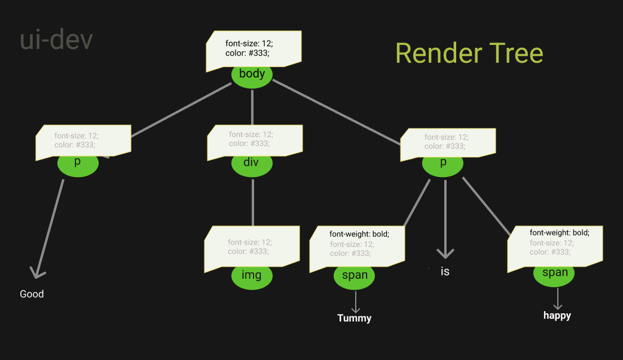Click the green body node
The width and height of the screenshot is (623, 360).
pyautogui.click(x=252, y=75)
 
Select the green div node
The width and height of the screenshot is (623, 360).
pyautogui.click(x=252, y=164)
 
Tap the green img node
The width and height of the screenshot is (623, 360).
pyautogui.click(x=252, y=277)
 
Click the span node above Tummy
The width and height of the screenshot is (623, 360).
pyautogui.click(x=355, y=277)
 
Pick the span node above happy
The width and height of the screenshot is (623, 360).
pyautogui.click(x=554, y=273)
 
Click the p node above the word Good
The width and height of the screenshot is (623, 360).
pyautogui.click(x=78, y=163)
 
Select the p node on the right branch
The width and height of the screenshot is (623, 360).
pyautogui.click(x=443, y=163)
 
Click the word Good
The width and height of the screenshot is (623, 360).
pyautogui.click(x=32, y=294)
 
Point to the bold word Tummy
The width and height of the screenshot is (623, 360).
pyautogui.click(x=355, y=318)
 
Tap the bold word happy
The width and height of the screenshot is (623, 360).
pyautogui.click(x=557, y=315)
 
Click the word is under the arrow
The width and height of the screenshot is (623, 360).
pyautogui.click(x=445, y=271)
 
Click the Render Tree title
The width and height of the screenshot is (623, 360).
pyautogui.click(x=469, y=53)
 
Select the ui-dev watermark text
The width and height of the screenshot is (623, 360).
pyautogui.click(x=56, y=40)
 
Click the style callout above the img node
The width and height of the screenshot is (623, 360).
pyautogui.click(x=252, y=247)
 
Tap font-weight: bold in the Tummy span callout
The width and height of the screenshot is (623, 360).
pyautogui.click(x=359, y=234)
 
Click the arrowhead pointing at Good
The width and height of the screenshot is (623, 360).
pyautogui.click(x=37, y=273)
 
